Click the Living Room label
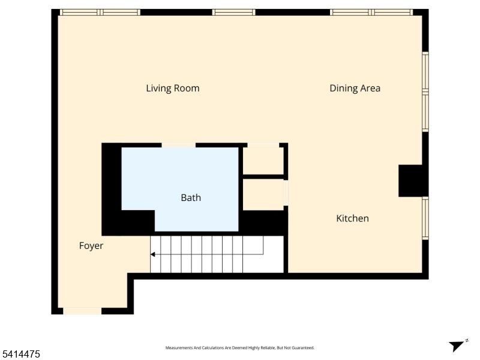point(173,88)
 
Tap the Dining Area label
point(355,88)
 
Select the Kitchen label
point(352,218)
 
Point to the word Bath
point(191,198)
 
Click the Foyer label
point(91,246)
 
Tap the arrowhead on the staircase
point(153,254)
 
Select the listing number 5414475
point(20,354)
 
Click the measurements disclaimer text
point(239,348)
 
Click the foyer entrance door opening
point(82,311)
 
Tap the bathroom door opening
point(178,145)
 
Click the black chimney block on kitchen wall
point(410,181)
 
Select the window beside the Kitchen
point(425,218)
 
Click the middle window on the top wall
point(233,12)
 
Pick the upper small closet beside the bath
point(263,161)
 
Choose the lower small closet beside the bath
point(263,194)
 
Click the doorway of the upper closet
point(263,145)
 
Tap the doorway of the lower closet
point(286,193)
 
